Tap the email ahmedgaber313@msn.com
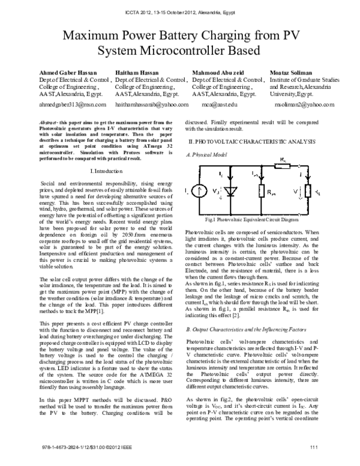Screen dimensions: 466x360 72,104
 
